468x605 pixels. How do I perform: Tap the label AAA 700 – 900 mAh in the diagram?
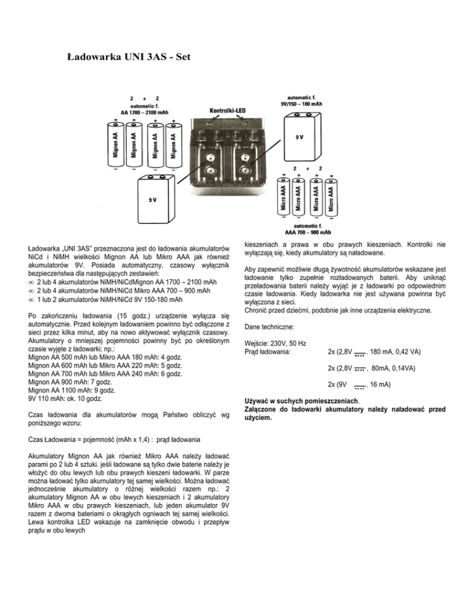308,231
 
